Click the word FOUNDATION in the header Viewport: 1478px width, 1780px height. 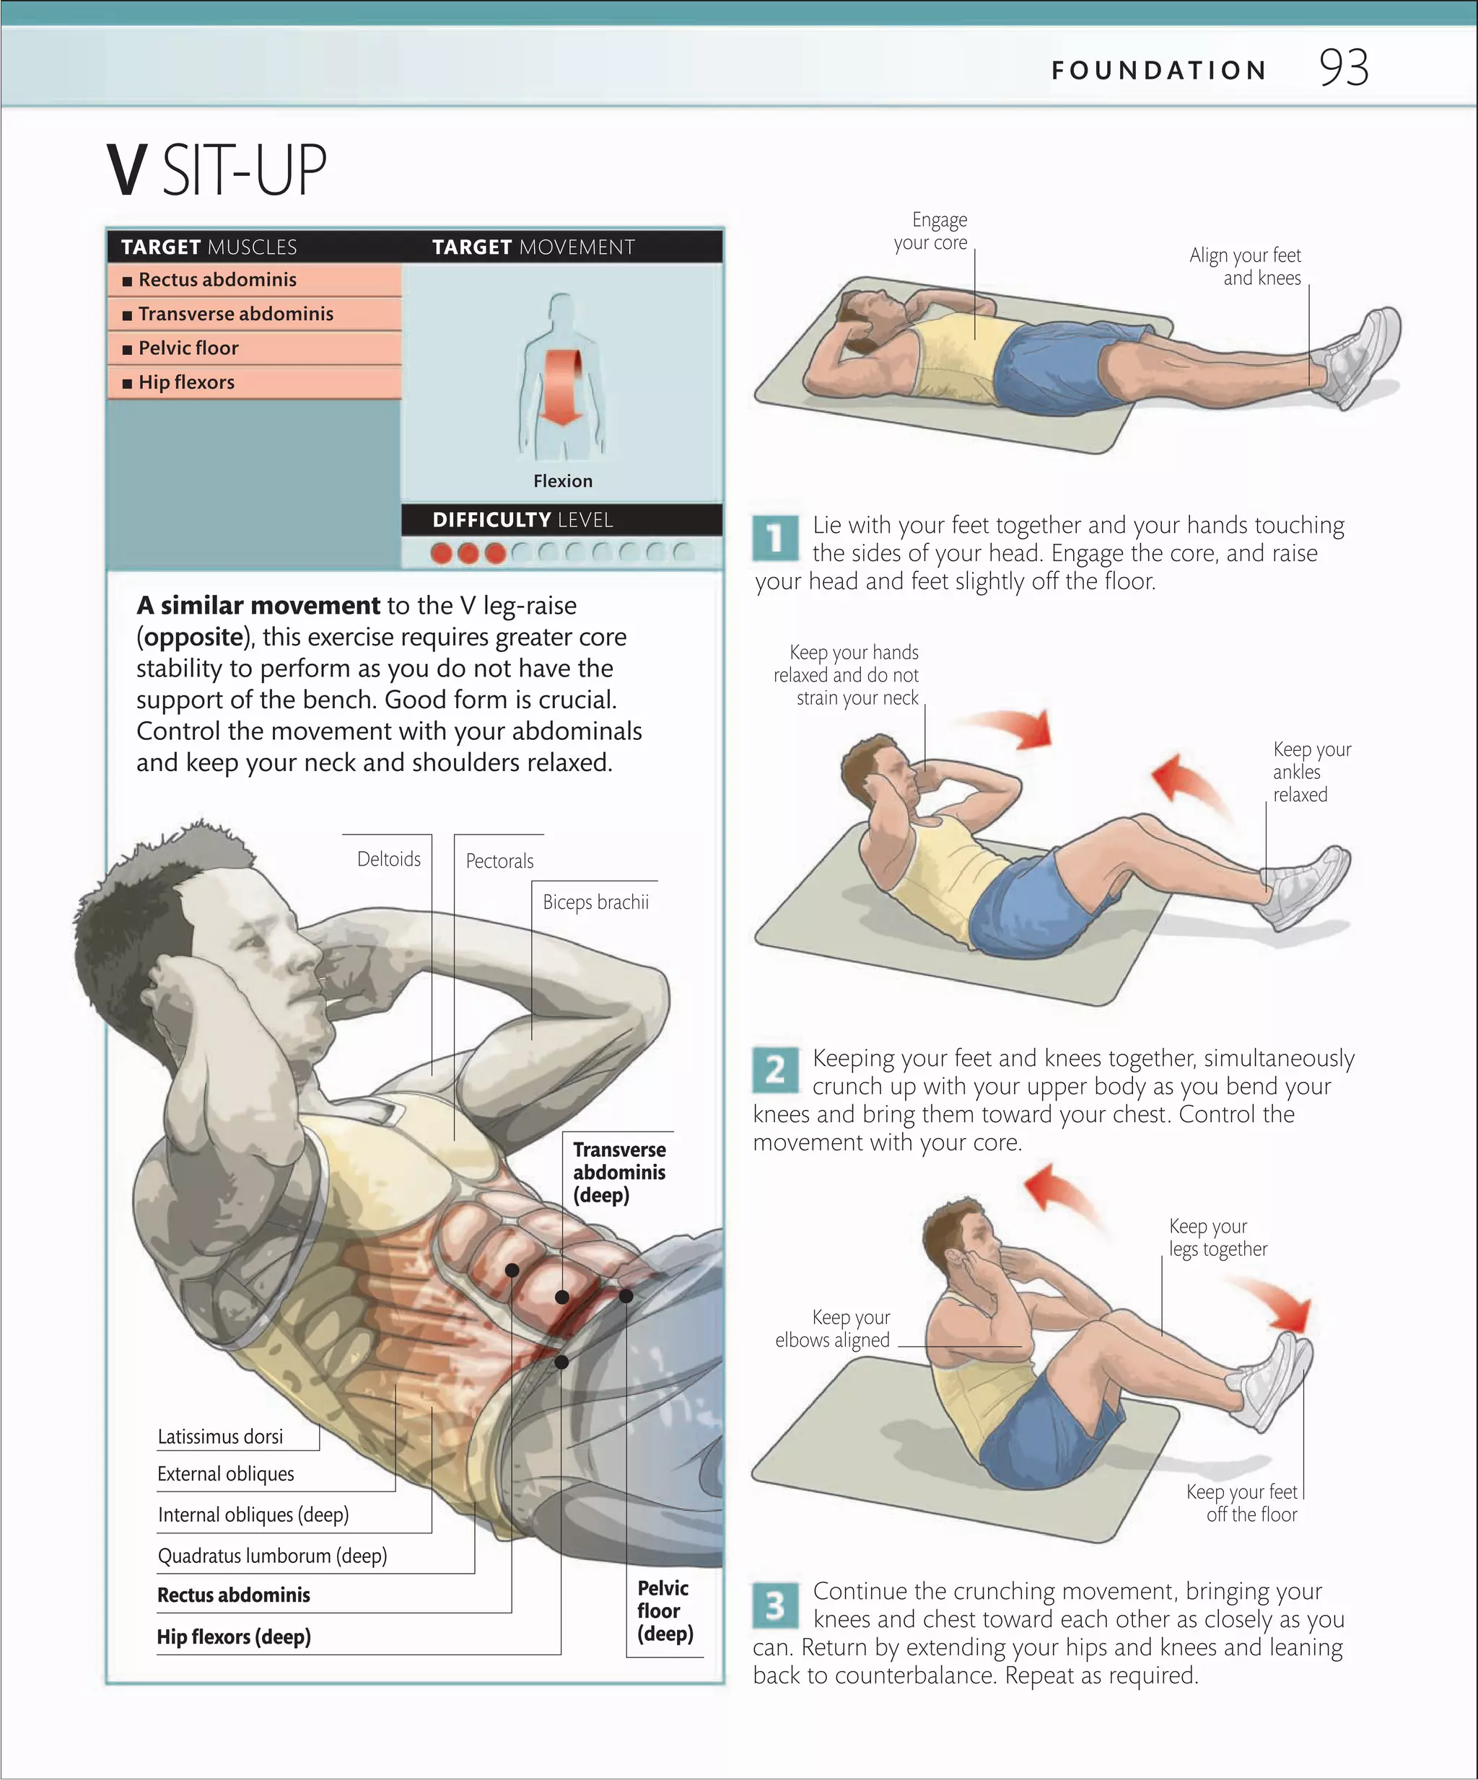[x=1158, y=71]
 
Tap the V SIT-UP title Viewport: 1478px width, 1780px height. [x=217, y=170]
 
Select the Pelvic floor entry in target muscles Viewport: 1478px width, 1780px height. [x=188, y=348]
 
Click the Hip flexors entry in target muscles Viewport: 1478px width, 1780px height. [x=185, y=382]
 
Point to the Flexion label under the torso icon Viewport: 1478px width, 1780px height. [x=562, y=480]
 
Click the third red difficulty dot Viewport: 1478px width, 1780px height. [x=495, y=553]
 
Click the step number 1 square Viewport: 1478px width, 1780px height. [x=775, y=538]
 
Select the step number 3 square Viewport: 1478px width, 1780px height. [x=775, y=1605]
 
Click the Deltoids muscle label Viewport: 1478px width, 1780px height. [x=388, y=859]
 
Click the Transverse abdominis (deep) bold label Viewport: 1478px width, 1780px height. [x=618, y=1172]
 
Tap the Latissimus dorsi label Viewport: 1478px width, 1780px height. [x=220, y=1437]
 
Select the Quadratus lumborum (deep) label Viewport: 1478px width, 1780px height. [x=272, y=1556]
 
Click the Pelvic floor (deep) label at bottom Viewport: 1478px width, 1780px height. [x=664, y=1611]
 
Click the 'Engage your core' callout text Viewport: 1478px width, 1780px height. [x=931, y=232]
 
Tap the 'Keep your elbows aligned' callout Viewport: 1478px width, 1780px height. [x=833, y=1329]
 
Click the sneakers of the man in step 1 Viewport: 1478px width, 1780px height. [x=1363, y=360]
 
